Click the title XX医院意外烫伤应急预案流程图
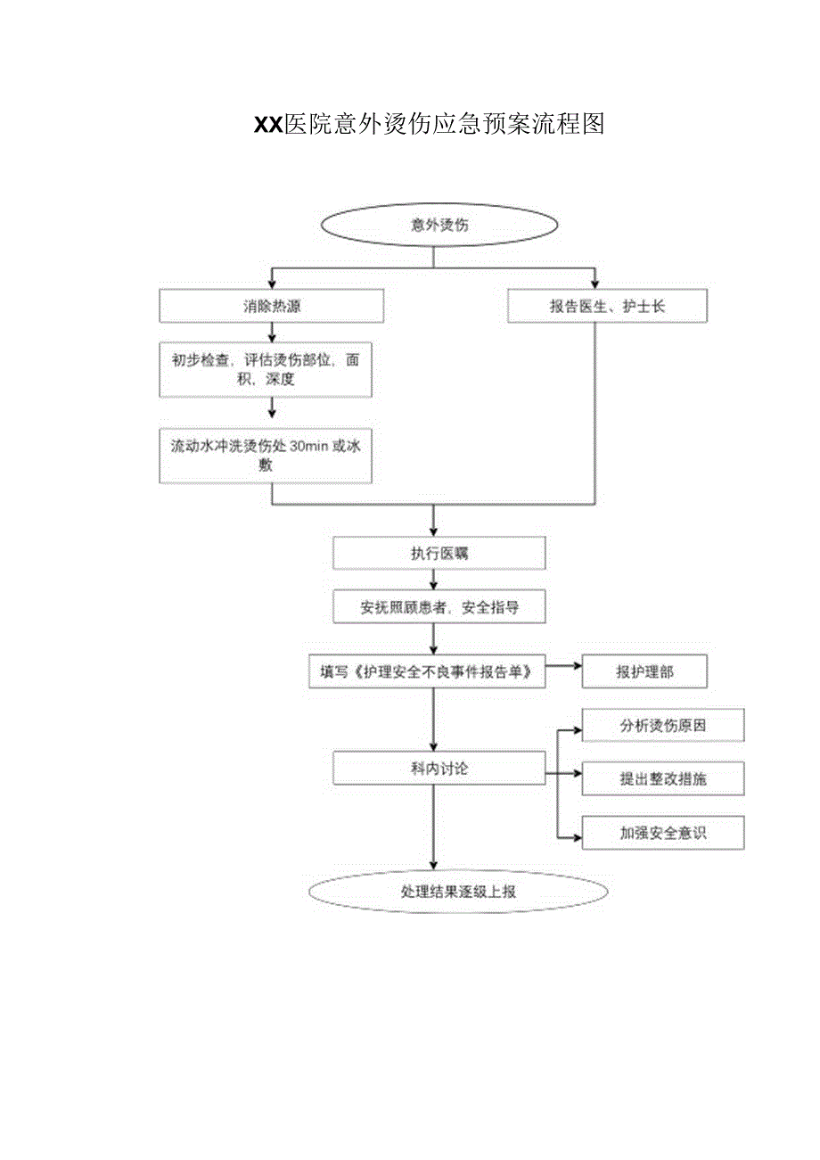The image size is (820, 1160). point(430,125)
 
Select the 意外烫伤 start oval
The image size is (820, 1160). point(439,226)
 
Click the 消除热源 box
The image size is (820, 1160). point(272,306)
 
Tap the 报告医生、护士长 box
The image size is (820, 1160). point(607,306)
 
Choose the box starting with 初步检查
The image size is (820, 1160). point(266,370)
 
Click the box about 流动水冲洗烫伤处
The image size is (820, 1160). point(266,456)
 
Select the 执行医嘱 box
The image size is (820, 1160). point(439,553)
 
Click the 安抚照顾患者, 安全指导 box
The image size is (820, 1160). point(439,609)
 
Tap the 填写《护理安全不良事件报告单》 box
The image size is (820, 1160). point(426,672)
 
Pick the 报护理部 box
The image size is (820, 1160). point(644,672)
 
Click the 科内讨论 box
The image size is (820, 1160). point(439,768)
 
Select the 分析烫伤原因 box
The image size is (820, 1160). point(662,726)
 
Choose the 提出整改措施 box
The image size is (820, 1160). point(662,778)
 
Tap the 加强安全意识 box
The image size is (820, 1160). point(662,833)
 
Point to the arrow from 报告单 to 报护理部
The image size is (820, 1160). point(563,665)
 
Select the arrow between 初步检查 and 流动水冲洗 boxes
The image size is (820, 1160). point(272,408)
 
